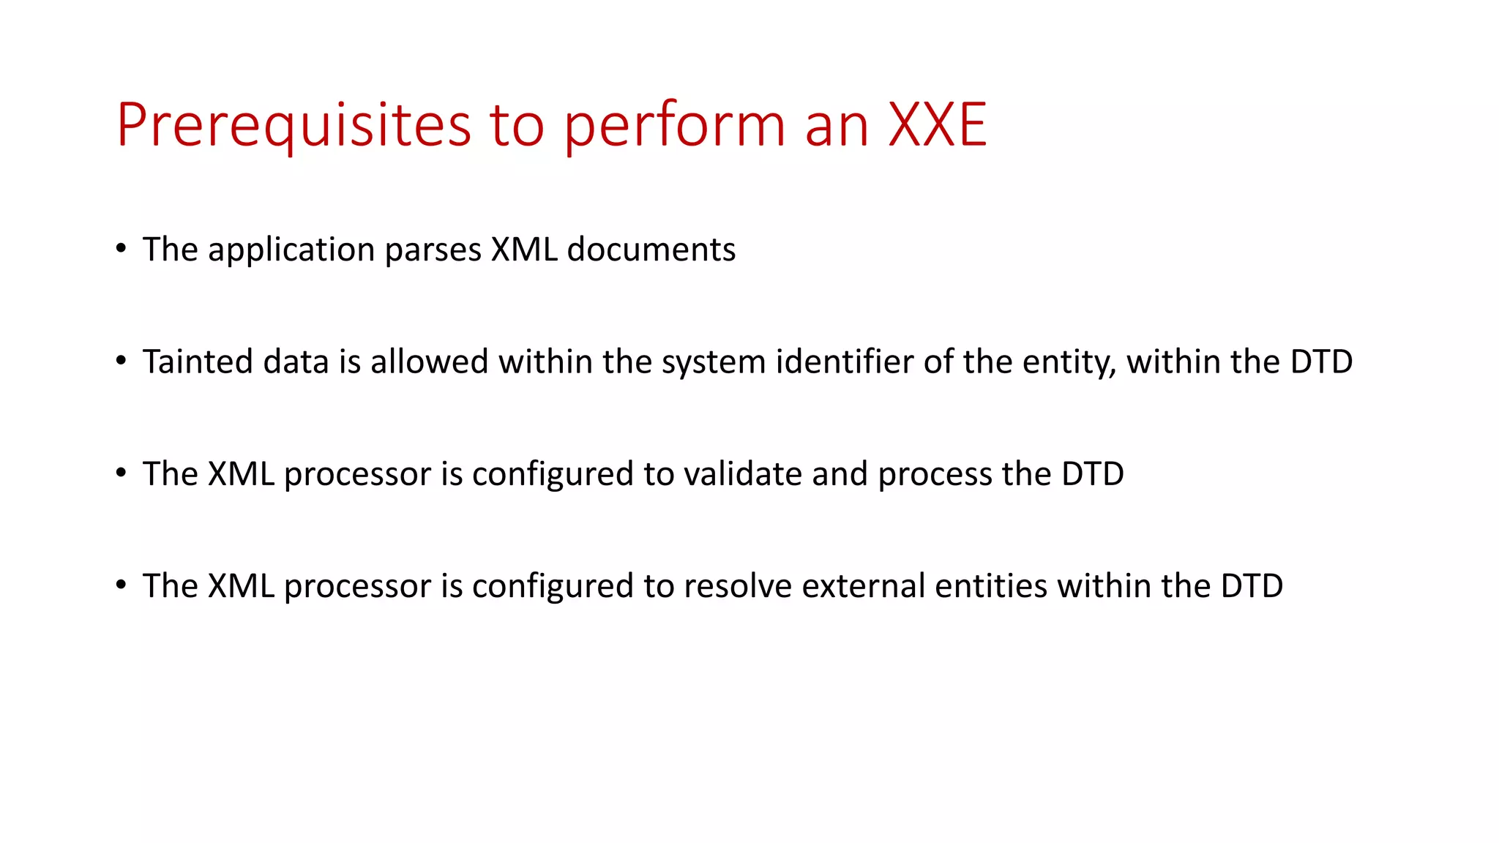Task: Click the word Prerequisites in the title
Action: [x=294, y=125]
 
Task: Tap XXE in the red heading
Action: [x=938, y=125]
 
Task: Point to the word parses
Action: [x=433, y=250]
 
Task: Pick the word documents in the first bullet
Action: [x=651, y=250]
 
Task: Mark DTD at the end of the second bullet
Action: [x=1321, y=361]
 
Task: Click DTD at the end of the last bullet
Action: [x=1252, y=586]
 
